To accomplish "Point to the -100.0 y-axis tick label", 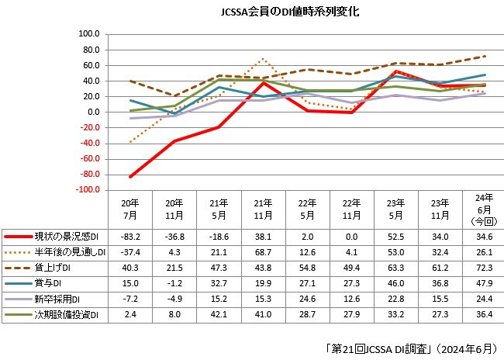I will (88, 190).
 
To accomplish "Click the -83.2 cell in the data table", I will (130, 236).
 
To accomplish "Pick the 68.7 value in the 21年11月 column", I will (264, 251).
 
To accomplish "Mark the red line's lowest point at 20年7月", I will (130, 177).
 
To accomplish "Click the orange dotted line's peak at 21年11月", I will (264, 58).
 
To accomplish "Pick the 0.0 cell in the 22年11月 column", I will (352, 236).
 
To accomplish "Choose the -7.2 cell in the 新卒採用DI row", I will (130, 298).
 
